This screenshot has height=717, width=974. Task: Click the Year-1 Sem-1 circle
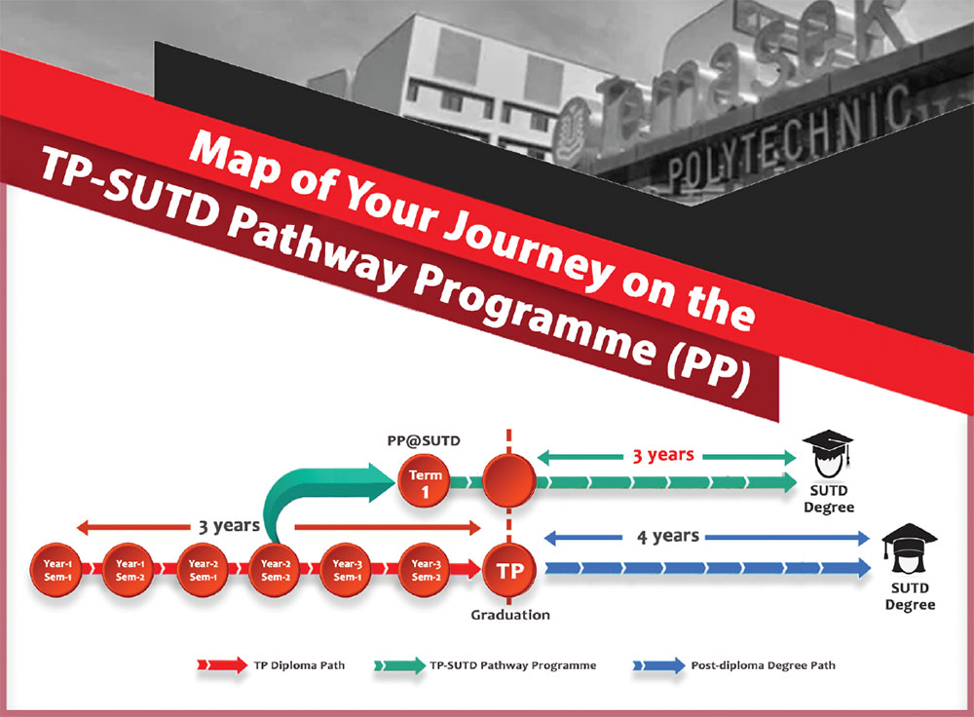tap(56, 570)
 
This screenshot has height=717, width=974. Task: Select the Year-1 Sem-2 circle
tap(130, 570)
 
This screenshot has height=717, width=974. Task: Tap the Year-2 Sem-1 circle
tap(203, 570)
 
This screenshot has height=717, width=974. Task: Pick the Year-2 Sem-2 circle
tap(275, 570)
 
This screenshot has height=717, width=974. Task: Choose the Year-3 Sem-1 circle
tap(347, 570)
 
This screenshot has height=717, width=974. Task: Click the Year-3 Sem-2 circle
tap(425, 570)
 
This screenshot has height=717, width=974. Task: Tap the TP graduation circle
tap(509, 570)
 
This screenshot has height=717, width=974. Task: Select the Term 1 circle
tap(425, 481)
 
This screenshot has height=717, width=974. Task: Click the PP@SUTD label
tap(424, 440)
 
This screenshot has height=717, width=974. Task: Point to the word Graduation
tap(510, 615)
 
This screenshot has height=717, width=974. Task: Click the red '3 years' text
tap(662, 455)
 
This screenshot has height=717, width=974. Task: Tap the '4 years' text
tap(668, 536)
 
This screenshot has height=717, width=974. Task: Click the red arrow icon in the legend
tap(222, 665)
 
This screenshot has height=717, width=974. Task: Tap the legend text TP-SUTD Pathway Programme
tap(513, 665)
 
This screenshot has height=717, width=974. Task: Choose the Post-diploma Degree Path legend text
tap(763, 665)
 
